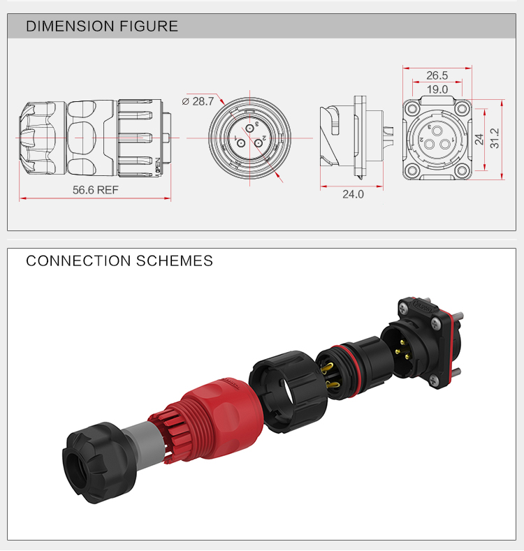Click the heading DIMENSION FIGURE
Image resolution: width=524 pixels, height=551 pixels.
pos(102,27)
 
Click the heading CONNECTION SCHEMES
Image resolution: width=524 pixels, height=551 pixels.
pos(119,261)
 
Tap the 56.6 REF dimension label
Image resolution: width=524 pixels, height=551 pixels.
pos(96,190)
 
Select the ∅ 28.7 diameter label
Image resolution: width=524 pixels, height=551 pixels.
pos(198,101)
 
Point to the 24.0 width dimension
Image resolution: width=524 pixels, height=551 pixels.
pos(353,194)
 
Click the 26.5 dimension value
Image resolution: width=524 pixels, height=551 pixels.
pos(437,75)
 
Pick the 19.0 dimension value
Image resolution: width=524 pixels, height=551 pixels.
pos(437,89)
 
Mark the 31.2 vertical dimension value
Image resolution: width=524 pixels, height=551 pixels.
pos(495,138)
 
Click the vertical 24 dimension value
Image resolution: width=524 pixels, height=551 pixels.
pos(479,138)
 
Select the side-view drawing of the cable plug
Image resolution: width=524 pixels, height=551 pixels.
pos(94,138)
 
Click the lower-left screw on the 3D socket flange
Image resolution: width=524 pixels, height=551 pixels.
pos(435,381)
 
